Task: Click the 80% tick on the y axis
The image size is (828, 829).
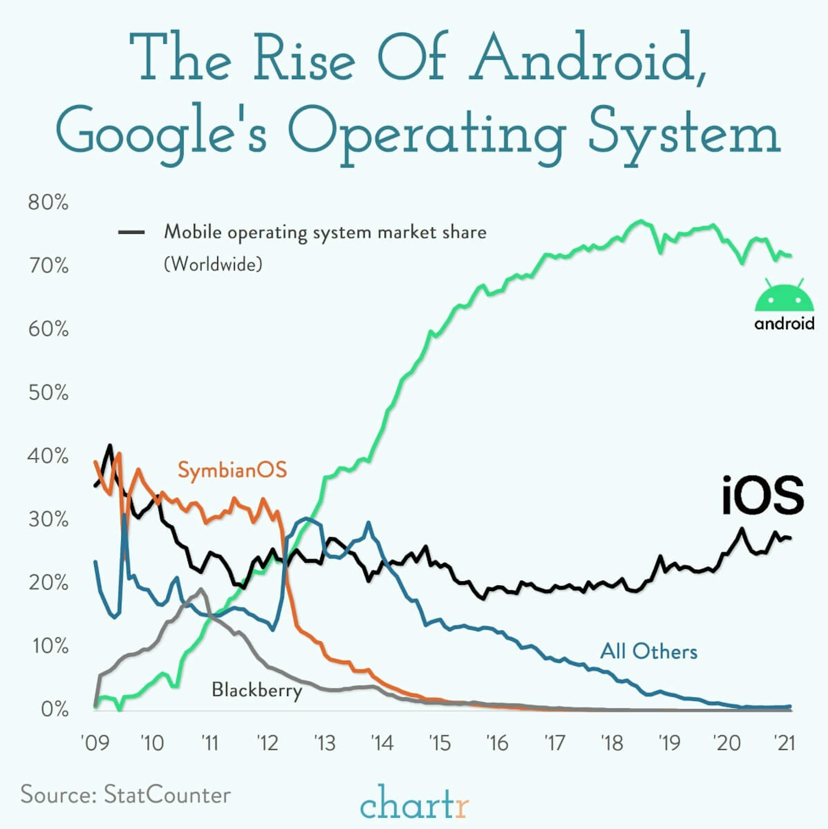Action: pos(48,203)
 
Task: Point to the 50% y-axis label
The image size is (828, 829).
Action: pos(48,393)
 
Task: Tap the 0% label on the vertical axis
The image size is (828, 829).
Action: pos(55,710)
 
